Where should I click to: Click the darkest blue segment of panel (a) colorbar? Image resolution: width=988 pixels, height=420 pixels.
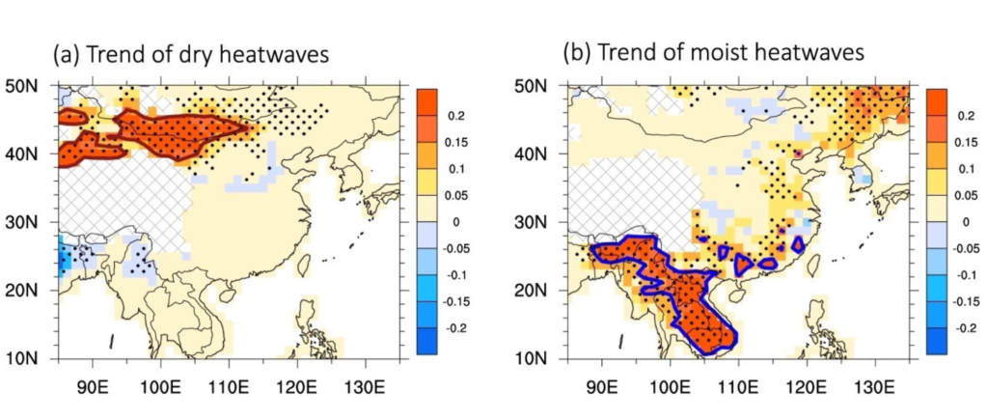coord(427,341)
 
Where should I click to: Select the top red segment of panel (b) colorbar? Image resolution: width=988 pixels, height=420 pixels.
coord(938,101)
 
